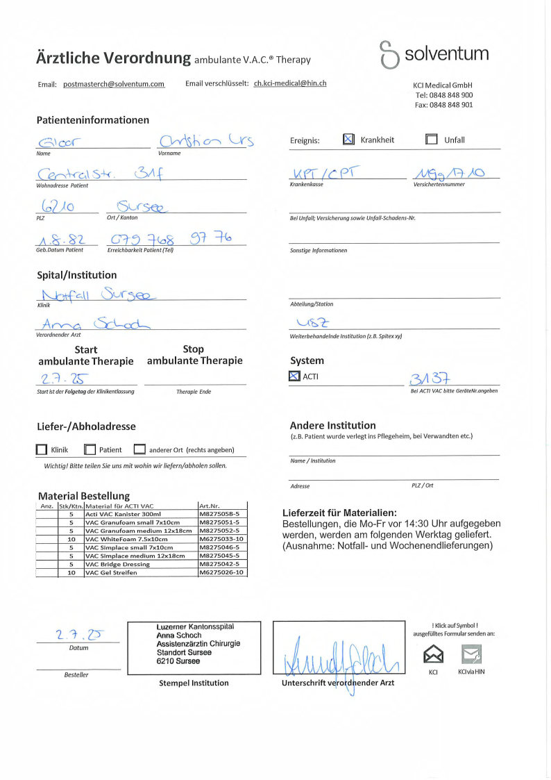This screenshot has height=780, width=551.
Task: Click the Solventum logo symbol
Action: click(x=389, y=55)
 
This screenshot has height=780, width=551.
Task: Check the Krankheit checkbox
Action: click(x=348, y=140)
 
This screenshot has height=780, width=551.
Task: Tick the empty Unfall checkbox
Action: click(x=431, y=140)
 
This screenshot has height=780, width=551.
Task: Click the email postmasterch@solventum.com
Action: click(x=114, y=84)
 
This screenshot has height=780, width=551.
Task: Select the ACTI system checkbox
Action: click(x=294, y=376)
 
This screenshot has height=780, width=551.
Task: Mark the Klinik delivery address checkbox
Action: click(x=42, y=449)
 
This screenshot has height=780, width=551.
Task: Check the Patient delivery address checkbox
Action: click(x=90, y=449)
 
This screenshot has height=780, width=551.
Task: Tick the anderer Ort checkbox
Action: click(x=139, y=449)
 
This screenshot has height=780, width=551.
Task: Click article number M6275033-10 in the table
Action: click(x=221, y=539)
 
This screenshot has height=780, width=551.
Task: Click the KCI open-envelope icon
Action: click(x=433, y=654)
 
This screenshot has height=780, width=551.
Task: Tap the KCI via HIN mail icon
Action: click(x=471, y=654)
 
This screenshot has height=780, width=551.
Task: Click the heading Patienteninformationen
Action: click(x=92, y=120)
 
